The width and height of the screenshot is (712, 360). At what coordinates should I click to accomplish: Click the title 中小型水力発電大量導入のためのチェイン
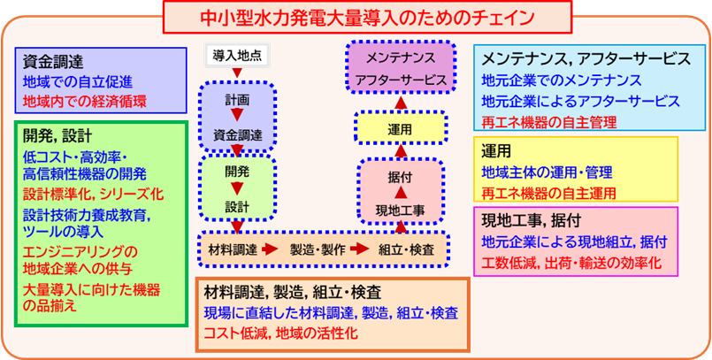355,16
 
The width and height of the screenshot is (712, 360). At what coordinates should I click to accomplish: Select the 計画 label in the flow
236,97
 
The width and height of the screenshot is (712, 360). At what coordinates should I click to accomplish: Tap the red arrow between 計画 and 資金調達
236,117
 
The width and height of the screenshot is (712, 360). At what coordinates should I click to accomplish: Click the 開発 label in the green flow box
236,169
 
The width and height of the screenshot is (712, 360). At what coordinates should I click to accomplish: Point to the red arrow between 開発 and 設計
236,188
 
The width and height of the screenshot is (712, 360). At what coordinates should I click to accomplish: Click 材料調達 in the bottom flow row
234,249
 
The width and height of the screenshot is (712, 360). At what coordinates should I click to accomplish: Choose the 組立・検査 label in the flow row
407,249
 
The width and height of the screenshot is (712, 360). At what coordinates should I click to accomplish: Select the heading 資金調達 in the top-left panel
53,61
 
